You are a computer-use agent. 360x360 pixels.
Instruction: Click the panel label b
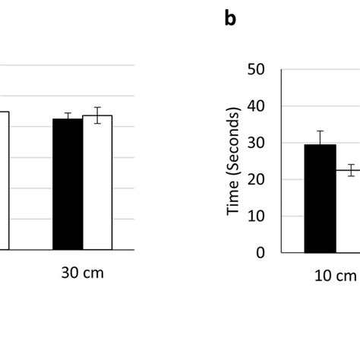point(231,20)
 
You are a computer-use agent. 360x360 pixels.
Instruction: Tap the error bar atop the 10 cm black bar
point(320,137)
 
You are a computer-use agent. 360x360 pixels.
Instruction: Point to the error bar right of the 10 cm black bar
point(350,171)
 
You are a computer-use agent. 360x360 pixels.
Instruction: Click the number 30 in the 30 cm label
point(68,273)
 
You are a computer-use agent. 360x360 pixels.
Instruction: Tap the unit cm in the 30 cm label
point(92,273)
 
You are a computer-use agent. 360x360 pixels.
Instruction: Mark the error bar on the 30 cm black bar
point(68,116)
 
